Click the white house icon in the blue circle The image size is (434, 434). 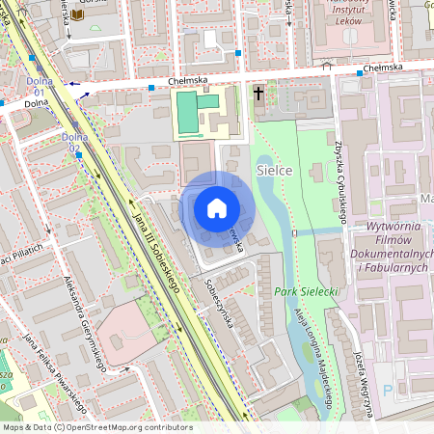217,208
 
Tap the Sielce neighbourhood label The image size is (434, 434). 275,170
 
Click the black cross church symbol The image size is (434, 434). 258,94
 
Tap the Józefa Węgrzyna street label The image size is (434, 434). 366,381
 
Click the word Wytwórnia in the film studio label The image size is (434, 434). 395,226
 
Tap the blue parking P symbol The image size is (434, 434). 388,390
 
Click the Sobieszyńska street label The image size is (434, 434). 219,305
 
